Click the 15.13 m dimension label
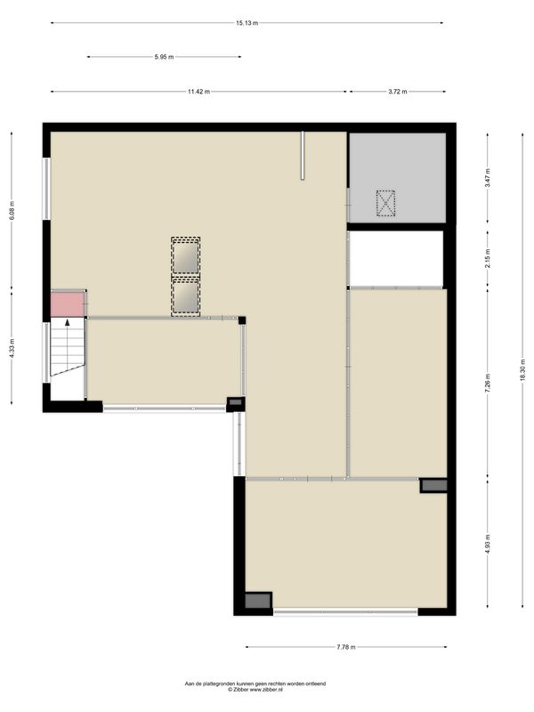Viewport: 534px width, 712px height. click(x=247, y=22)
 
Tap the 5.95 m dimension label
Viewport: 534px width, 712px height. click(x=164, y=57)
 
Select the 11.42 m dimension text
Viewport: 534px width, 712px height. click(x=198, y=92)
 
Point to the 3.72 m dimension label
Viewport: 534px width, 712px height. click(x=397, y=92)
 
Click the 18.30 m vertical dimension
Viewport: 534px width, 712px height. click(x=522, y=368)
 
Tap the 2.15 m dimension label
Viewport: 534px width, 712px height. click(x=487, y=258)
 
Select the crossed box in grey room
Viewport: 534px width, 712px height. click(x=385, y=203)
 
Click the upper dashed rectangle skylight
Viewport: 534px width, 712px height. click(x=185, y=256)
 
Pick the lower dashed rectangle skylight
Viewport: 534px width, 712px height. click(x=185, y=297)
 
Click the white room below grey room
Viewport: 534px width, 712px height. click(x=395, y=259)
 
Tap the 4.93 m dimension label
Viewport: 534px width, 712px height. click(x=487, y=542)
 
